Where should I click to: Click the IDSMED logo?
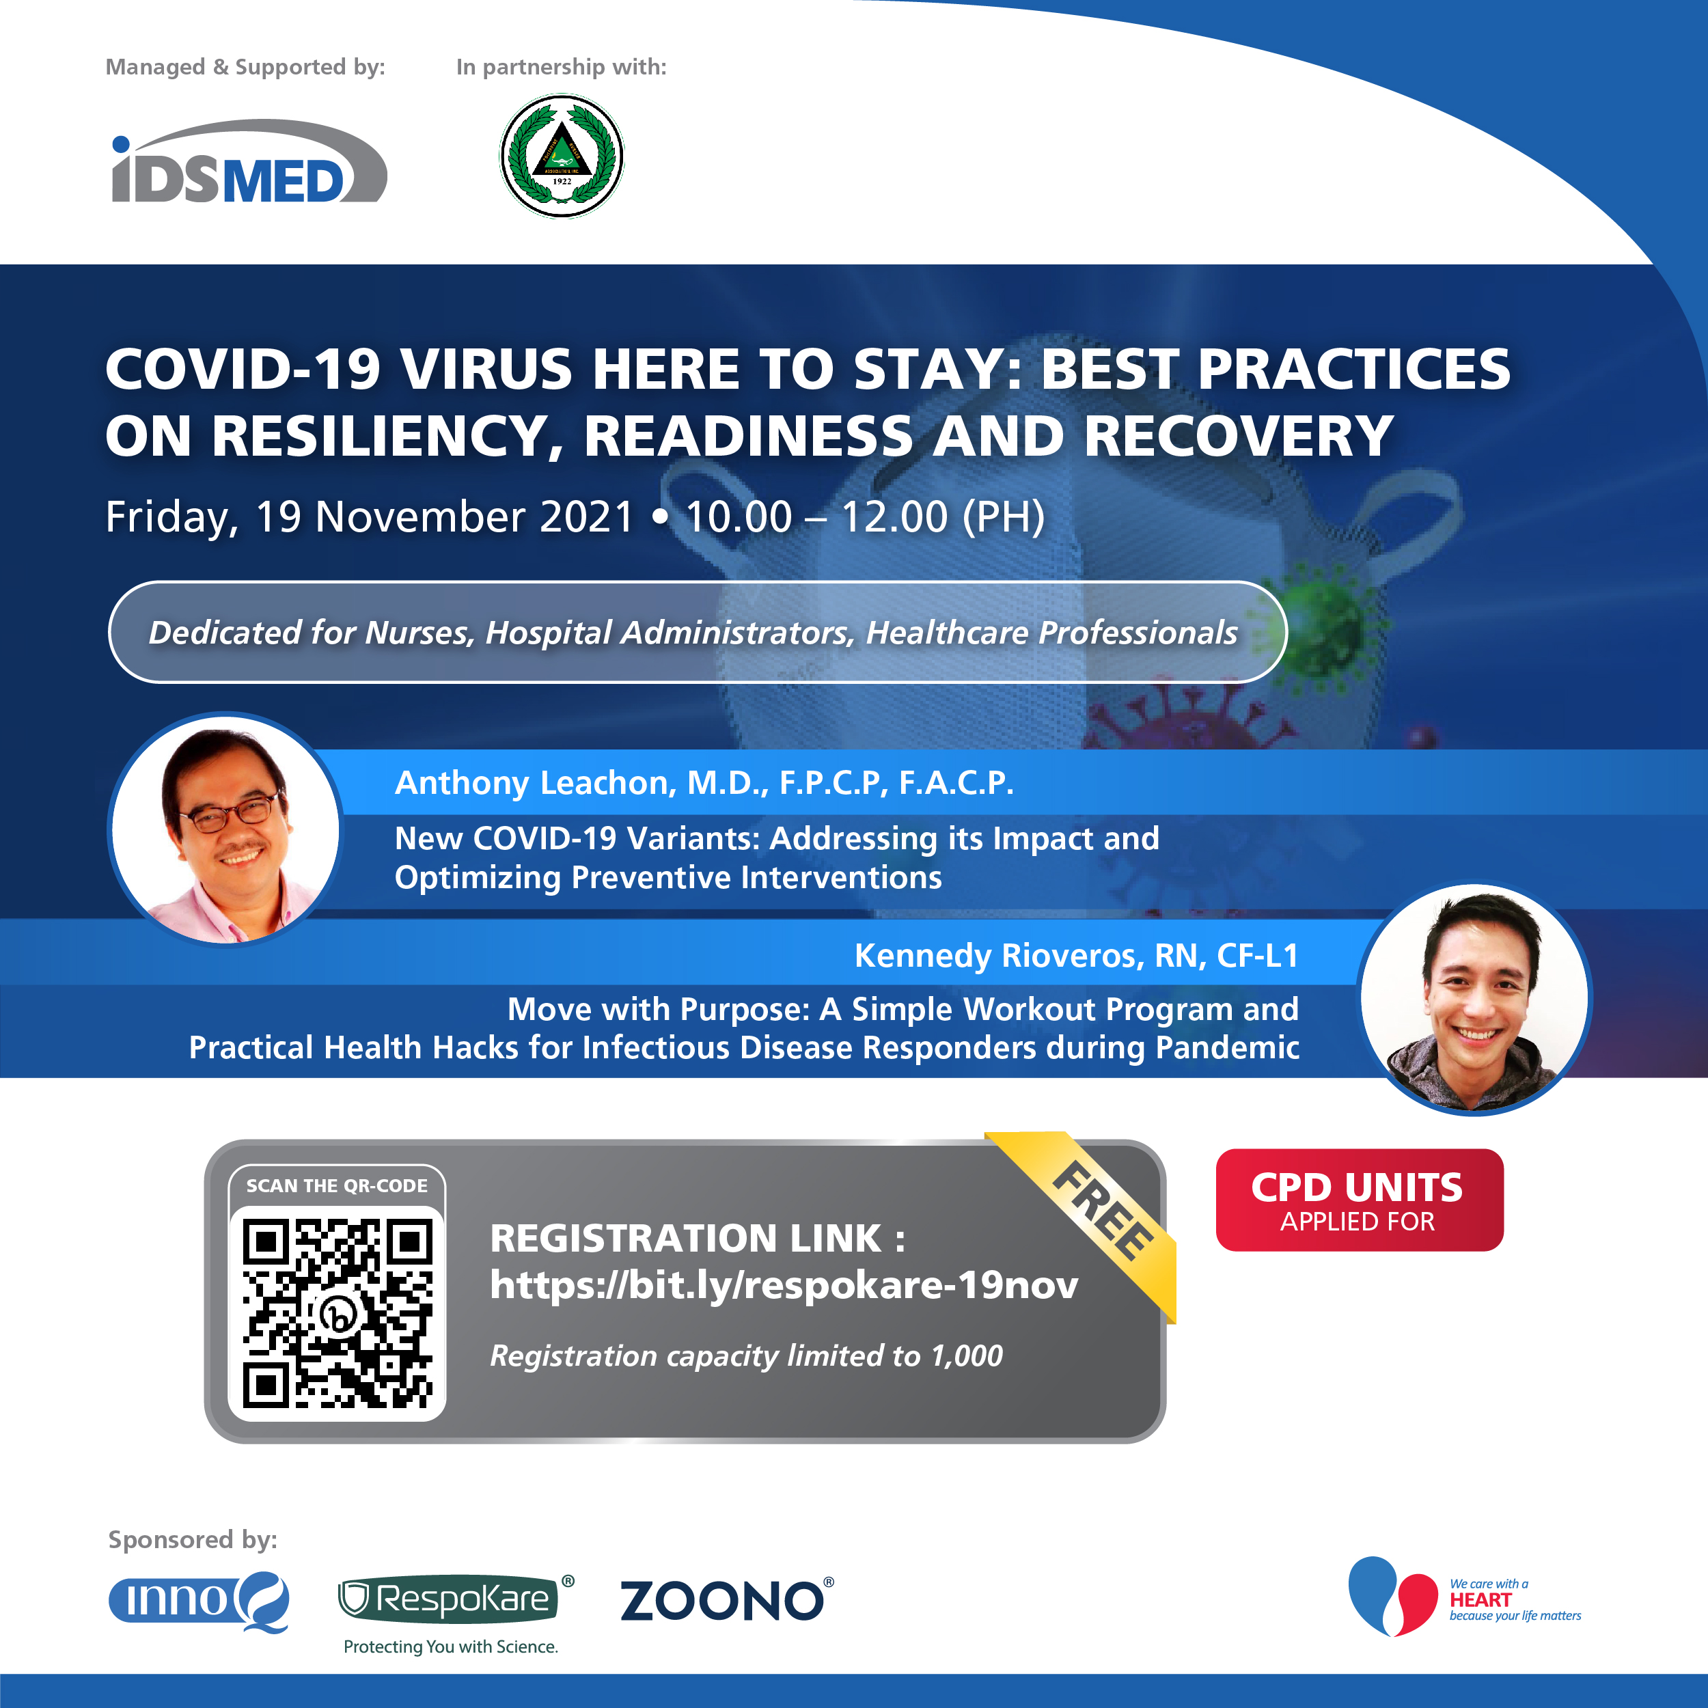click(249, 161)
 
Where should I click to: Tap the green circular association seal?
click(562, 156)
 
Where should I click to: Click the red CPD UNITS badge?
click(1359, 1200)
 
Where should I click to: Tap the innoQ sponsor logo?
click(199, 1601)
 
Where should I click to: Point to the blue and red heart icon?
click(1392, 1596)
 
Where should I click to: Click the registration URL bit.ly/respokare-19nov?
click(784, 1284)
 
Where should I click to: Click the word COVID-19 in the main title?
click(243, 369)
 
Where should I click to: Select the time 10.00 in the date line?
click(738, 516)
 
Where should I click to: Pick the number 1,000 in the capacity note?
click(966, 1356)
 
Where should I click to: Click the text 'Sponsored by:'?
click(193, 1540)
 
